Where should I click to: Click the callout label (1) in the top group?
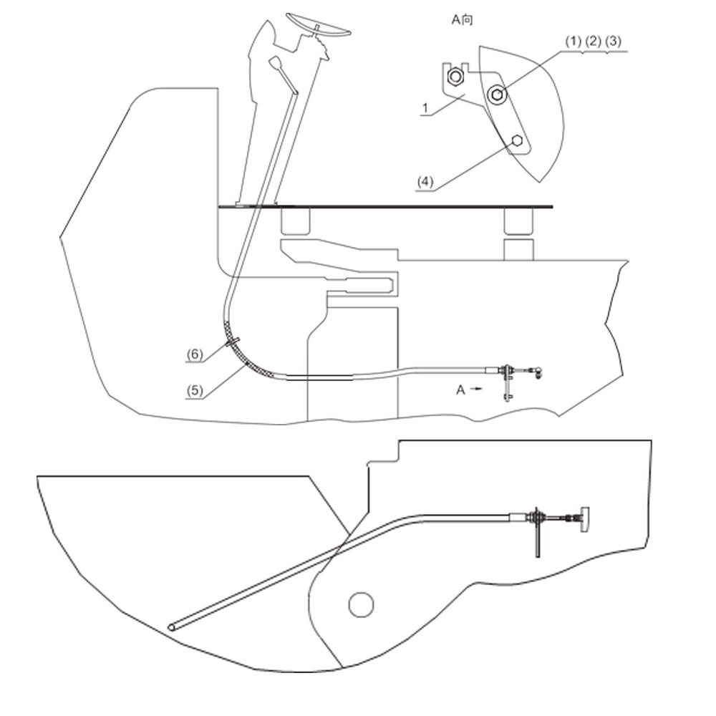pos(573,42)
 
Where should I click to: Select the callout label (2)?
pos(593,42)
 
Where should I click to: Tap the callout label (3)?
pos(614,42)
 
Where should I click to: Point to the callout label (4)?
pos(425,182)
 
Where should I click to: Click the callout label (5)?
pos(195,390)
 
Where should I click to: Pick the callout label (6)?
pos(195,354)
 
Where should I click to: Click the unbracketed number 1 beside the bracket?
pos(425,108)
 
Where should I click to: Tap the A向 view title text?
pos(462,19)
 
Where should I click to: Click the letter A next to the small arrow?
pos(460,390)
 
